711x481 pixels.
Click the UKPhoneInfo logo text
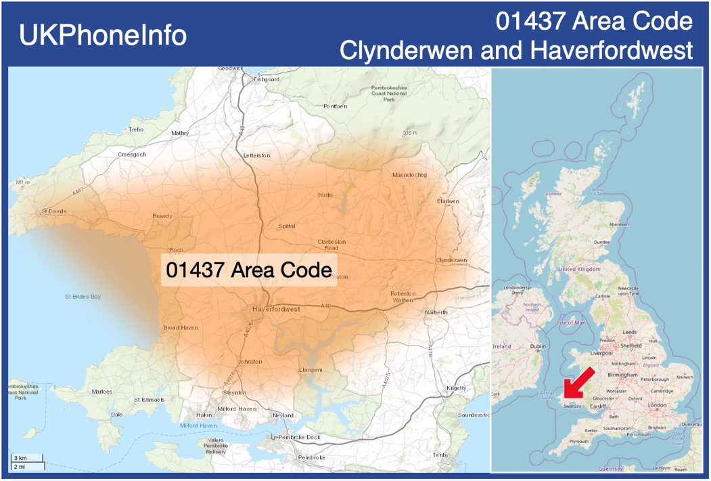coord(103,35)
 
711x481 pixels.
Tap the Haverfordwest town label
coord(276,309)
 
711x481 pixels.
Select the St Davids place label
coord(53,211)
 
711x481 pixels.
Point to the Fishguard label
coord(266,79)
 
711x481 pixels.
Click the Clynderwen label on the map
coord(452,260)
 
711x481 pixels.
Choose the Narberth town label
coord(436,312)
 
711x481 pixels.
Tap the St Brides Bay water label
coord(83,297)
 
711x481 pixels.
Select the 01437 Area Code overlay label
coord(248,270)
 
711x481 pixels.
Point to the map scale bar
coord(27,463)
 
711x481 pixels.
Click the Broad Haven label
coord(181,328)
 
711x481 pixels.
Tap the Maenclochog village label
coord(410,175)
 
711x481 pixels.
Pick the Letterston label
coord(256,156)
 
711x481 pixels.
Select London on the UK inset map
coord(658,405)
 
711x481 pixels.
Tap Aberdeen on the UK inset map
coord(619,224)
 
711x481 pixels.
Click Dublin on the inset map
coord(538,346)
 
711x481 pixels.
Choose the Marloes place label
coord(101,392)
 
